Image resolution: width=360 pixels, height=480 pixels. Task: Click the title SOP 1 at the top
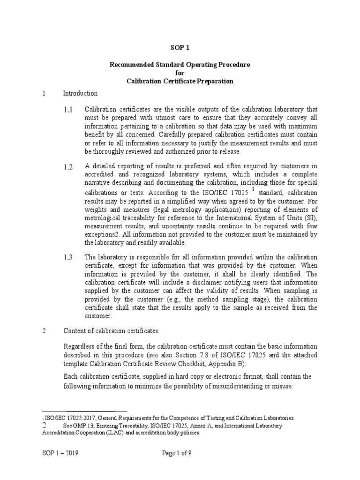(x=180, y=47)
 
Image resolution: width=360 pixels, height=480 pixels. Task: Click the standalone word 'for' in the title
(x=180, y=73)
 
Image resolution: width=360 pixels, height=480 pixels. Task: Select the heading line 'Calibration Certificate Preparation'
(x=180, y=81)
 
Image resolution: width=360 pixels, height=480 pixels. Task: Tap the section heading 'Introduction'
(x=80, y=93)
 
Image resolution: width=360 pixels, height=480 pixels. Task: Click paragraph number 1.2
(x=68, y=168)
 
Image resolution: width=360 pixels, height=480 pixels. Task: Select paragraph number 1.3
(x=68, y=257)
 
